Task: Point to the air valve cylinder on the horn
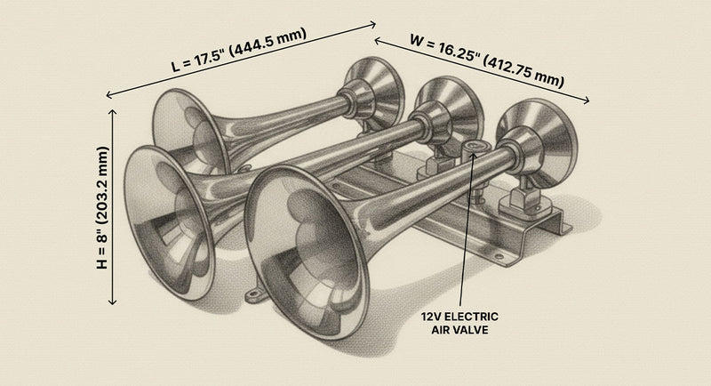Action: (473, 149)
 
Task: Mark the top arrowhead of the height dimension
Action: (114, 110)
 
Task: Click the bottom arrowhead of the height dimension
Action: (114, 304)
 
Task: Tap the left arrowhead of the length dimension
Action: (108, 94)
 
